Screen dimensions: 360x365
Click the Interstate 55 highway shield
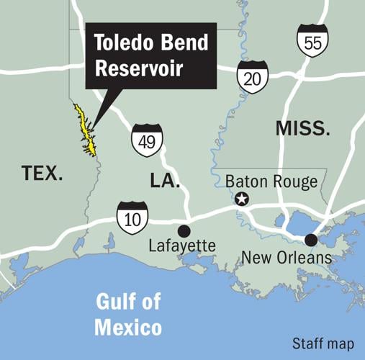(x=313, y=40)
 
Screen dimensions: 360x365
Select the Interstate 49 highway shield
(x=146, y=140)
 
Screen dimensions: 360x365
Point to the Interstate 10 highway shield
(x=132, y=217)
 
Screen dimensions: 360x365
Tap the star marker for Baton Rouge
(x=243, y=199)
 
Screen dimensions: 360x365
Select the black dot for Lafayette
(x=184, y=230)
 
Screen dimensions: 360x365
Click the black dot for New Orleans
(x=310, y=239)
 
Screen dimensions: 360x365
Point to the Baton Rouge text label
(x=271, y=181)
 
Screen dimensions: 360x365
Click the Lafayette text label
(x=181, y=247)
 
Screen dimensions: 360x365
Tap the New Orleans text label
(x=286, y=257)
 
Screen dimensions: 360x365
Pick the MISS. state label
(x=303, y=130)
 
